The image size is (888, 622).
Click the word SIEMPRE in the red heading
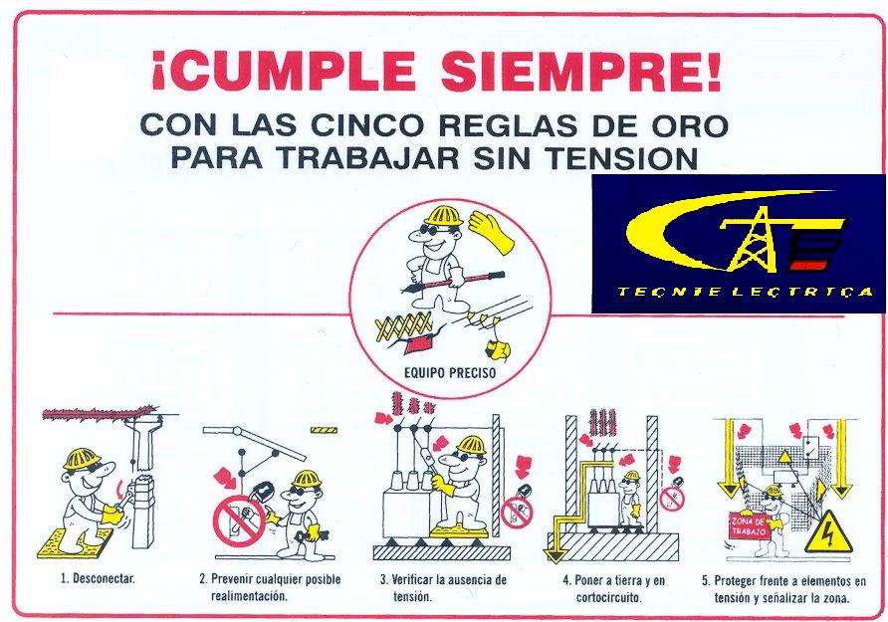[x=581, y=71]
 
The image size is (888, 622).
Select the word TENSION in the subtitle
[x=622, y=158]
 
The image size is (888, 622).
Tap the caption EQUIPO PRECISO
[x=450, y=373]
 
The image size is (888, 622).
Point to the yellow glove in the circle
[x=491, y=232]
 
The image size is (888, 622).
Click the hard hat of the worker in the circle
[x=443, y=216]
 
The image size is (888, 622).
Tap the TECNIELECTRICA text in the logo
[x=745, y=293]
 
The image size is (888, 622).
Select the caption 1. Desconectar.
[x=98, y=578]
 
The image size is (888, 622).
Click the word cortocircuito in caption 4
[x=609, y=598]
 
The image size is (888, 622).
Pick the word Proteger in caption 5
[x=736, y=580]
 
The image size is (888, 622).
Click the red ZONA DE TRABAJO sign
[x=748, y=526]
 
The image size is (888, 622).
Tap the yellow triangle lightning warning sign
[x=828, y=532]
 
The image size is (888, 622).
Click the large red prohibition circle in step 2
[x=240, y=521]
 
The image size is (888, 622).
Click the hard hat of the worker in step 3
[x=471, y=446]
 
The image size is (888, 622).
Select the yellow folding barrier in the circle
[x=403, y=326]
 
